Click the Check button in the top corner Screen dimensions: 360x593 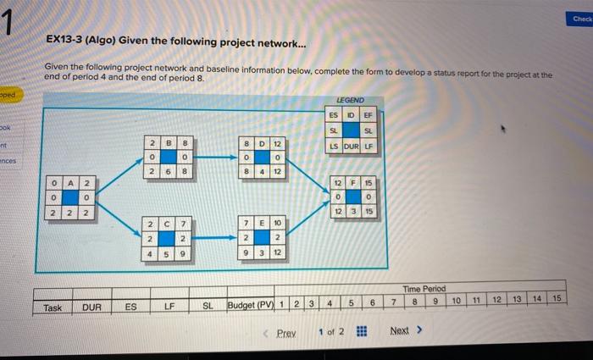581,19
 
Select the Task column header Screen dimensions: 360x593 53,307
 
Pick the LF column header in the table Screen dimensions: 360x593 169,307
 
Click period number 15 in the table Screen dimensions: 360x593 557,300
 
